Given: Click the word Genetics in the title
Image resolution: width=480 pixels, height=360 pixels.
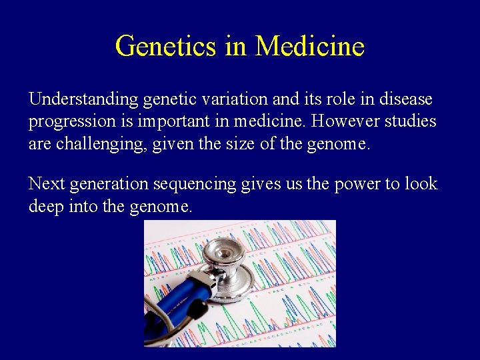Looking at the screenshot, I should [x=164, y=47].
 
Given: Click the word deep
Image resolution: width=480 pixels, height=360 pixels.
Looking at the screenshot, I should [x=45, y=207].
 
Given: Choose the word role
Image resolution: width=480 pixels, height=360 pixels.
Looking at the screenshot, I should [x=341, y=100].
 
